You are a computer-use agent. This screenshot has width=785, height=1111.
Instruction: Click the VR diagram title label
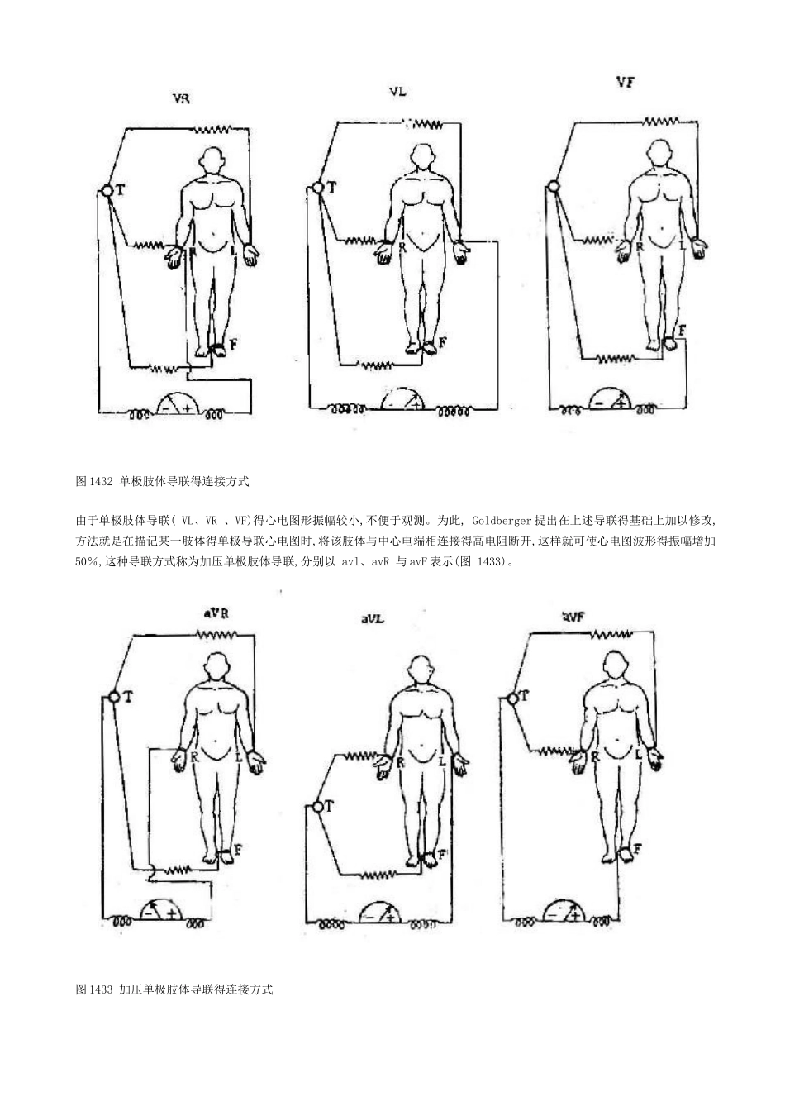pyautogui.click(x=181, y=98)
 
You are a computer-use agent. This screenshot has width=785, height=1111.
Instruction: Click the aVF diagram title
pyautogui.click(x=574, y=616)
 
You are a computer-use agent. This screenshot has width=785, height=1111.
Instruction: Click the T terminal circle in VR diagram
pyautogui.click(x=107, y=191)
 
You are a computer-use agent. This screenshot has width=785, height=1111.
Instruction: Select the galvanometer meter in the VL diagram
pyautogui.click(x=401, y=398)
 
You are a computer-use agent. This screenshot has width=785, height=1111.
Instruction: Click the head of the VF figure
pyautogui.click(x=659, y=153)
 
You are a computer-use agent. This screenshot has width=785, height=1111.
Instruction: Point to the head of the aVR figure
pyautogui.click(x=217, y=666)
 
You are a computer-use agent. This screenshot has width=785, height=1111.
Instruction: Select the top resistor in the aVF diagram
pyautogui.click(x=611, y=634)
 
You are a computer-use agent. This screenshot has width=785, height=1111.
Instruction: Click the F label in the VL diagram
pyautogui.click(x=443, y=341)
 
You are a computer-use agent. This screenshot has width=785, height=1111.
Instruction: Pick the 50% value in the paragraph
pyautogui.click(x=88, y=562)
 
